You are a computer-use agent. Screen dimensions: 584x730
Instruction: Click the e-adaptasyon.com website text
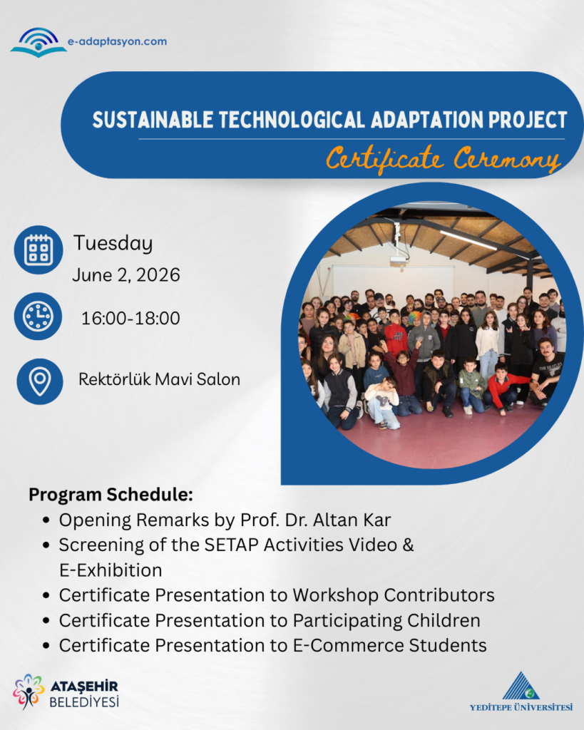coord(118,41)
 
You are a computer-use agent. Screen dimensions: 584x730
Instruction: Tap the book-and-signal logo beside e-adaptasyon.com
coord(39,42)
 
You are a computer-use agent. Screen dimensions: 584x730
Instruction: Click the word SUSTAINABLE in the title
coord(153,120)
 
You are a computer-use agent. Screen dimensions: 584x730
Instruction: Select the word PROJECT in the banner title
coord(528,120)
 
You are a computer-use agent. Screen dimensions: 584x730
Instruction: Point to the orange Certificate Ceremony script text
coord(443,159)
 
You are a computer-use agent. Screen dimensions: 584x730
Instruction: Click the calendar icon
coord(39,250)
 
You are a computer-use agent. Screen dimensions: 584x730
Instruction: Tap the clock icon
coord(38,316)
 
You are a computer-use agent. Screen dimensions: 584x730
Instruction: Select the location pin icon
coord(40,381)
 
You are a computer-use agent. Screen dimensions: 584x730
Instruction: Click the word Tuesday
coord(113,244)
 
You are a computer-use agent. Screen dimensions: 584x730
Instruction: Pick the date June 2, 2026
coord(126,275)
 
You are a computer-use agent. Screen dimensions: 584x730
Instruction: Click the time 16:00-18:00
coord(130,319)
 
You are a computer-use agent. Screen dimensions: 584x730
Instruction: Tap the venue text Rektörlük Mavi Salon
coord(159,379)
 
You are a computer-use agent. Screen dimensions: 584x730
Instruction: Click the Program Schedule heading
coord(111,495)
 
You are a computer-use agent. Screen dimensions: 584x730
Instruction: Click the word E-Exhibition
coord(111,570)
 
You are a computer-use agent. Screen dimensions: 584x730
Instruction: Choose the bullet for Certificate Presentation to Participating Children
coord(46,621)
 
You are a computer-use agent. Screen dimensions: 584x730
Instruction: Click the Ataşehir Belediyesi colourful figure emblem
coord(29,692)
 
